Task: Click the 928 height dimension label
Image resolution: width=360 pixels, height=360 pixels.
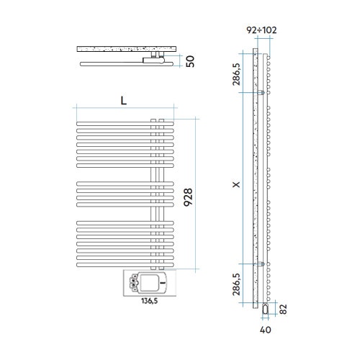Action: coord(188,197)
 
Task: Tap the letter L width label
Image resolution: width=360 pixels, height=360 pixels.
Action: coord(124,101)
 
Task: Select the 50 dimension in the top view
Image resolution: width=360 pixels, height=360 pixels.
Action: coord(190,61)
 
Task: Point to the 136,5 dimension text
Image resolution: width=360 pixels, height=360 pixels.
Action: coord(150,301)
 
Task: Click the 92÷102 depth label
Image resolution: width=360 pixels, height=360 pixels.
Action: coord(261,30)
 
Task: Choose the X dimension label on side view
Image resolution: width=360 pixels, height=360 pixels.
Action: coord(237,184)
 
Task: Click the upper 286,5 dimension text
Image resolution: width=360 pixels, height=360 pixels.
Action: coord(236,74)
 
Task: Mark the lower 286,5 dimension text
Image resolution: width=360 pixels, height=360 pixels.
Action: coord(236,284)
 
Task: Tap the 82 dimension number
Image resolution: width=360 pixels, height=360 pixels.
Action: coord(284,309)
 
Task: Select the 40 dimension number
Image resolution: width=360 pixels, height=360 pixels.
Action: coord(266,330)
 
